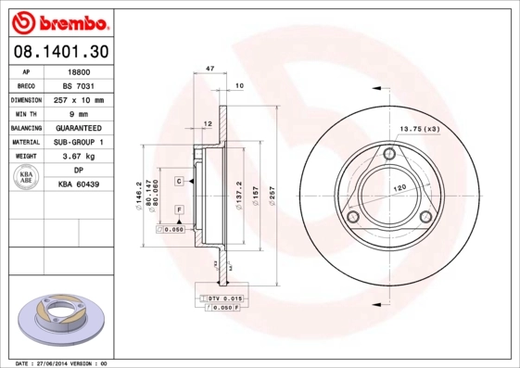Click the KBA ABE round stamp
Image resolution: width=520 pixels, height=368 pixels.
27,177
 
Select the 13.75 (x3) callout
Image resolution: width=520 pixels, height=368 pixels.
419,129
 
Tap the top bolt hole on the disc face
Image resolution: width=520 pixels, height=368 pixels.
389,154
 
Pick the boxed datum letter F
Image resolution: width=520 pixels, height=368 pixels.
178,211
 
